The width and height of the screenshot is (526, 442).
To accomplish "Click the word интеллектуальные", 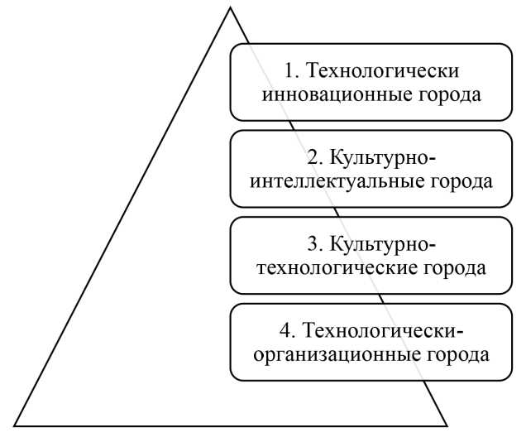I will point(340,180).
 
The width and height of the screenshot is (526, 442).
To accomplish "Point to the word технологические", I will point(336,267).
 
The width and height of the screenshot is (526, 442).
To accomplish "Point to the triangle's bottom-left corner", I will point(13,425).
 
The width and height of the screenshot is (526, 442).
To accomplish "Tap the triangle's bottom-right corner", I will point(447,425).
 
